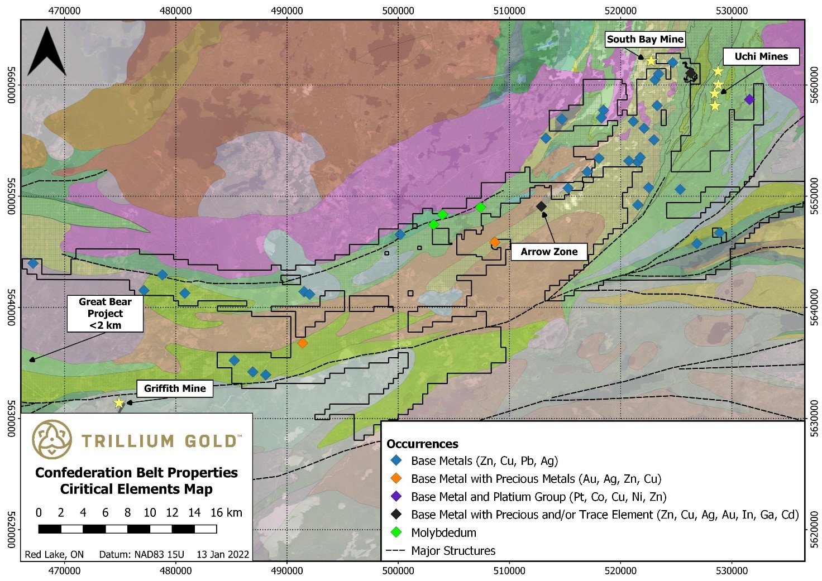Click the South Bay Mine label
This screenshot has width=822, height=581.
645,39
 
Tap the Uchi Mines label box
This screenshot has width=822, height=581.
761,56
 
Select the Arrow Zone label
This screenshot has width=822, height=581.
549,252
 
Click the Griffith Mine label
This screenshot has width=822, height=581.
175,388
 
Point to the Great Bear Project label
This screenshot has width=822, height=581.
105,313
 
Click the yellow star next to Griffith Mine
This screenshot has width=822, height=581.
119,402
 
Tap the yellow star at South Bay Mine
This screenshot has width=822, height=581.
651,61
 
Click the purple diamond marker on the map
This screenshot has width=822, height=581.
749,99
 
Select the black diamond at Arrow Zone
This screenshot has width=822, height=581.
541,207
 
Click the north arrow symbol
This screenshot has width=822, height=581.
46,52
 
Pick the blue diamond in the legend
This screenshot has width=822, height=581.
396,461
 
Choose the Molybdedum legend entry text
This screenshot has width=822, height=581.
443,532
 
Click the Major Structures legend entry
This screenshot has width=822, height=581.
453,551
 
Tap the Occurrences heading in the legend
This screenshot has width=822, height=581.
422,444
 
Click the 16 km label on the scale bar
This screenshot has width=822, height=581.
226,512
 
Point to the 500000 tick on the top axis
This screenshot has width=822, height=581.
398,10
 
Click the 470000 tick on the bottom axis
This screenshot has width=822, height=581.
65,571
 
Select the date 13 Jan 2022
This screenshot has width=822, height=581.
222,554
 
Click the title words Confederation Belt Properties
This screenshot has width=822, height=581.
136,473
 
